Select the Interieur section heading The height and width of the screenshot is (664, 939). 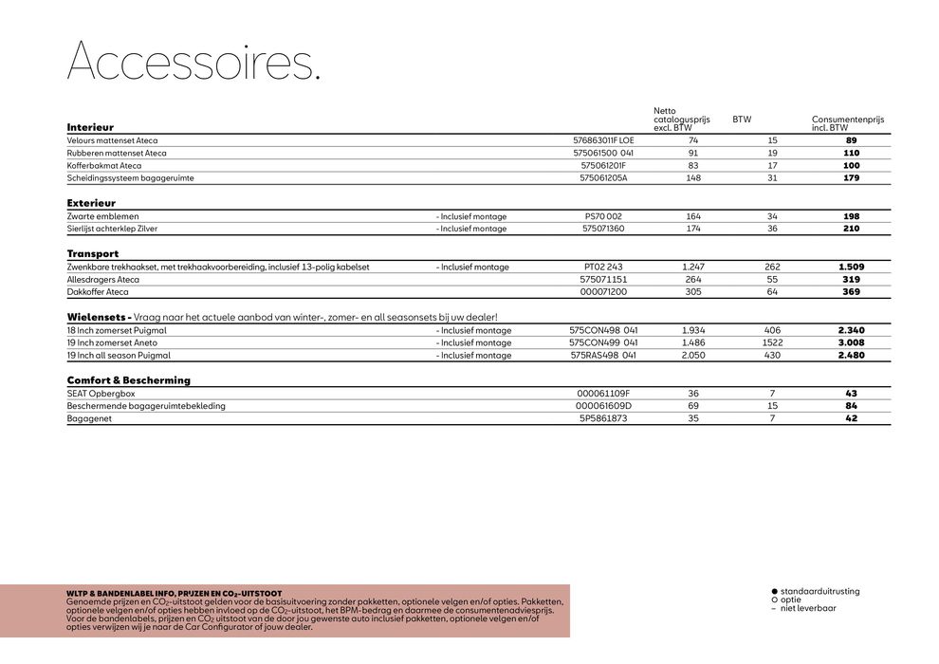[90, 127]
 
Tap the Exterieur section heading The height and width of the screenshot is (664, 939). [91, 203]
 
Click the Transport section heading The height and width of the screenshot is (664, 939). [93, 254]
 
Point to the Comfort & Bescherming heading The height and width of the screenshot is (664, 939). [128, 380]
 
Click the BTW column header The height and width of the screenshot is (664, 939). [742, 120]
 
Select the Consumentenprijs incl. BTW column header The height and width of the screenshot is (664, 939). [847, 123]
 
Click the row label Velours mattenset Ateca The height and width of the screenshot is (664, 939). [112, 140]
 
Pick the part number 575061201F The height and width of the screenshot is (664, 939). [603, 165]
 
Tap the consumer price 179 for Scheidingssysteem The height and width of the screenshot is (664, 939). [851, 177]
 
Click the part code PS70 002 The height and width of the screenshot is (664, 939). [603, 216]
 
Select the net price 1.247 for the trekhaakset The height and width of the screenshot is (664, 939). [693, 267]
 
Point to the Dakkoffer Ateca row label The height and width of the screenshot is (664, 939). [98, 292]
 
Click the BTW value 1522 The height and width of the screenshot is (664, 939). [772, 342]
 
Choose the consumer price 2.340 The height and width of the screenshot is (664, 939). [851, 330]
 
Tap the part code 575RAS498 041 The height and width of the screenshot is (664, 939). [603, 356]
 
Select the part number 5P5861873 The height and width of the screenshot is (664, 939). [603, 418]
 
